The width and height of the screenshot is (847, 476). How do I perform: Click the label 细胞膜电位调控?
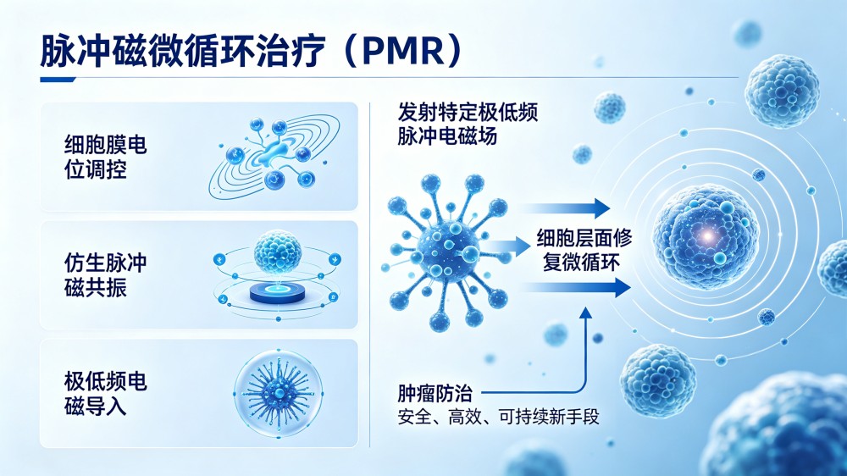[x=105, y=158]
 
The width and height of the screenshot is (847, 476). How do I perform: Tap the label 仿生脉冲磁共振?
[x=105, y=275]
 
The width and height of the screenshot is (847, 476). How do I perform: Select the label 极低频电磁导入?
[x=105, y=393]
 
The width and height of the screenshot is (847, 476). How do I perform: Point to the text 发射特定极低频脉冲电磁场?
[x=468, y=125]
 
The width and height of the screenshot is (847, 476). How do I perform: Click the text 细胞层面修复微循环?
[x=584, y=250]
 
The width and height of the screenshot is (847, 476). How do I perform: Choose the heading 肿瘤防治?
[x=435, y=393]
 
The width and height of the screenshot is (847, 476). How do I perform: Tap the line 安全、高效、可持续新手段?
[x=498, y=417]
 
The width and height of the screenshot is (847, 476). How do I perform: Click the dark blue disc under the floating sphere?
[x=278, y=293]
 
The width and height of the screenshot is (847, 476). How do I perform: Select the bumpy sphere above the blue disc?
[x=278, y=252]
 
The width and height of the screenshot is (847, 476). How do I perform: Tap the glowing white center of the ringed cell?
[x=707, y=235]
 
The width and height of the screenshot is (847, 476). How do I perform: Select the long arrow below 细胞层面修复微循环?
[x=576, y=287]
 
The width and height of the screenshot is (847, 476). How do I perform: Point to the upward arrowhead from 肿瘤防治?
[x=585, y=313]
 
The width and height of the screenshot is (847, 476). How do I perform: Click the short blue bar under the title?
[x=58, y=80]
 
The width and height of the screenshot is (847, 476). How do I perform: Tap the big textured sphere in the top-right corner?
[x=782, y=91]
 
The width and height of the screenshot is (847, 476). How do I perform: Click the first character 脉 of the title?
[x=57, y=51]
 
